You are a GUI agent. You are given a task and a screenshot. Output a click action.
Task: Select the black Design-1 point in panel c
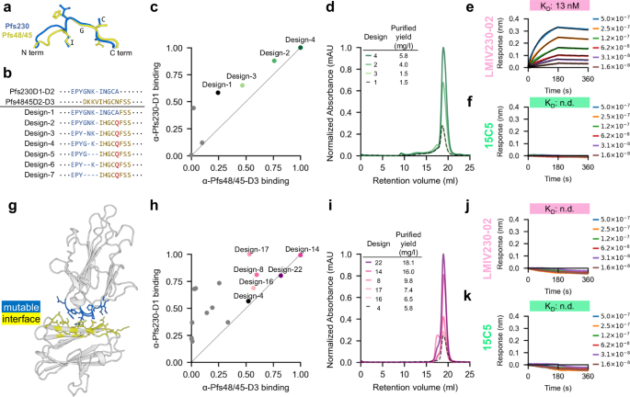217,93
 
